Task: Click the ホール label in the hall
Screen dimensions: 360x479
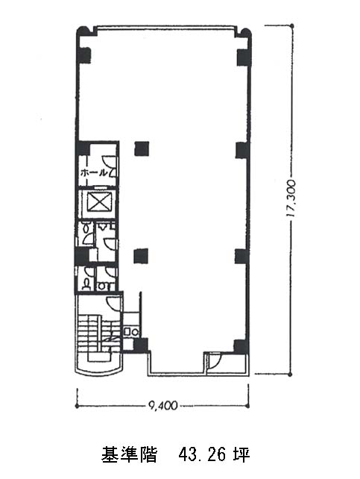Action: pyautogui.click(x=94, y=173)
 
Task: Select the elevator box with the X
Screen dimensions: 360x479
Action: pyautogui.click(x=98, y=202)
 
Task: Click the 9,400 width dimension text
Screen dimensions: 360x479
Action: pyautogui.click(x=162, y=405)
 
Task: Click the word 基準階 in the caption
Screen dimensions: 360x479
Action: pyautogui.click(x=129, y=455)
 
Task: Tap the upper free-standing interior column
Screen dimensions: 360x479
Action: pyautogui.click(x=142, y=148)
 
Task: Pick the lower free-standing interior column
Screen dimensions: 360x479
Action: pyautogui.click(x=142, y=256)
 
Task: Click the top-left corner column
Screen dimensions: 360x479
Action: pyautogui.click(x=85, y=56)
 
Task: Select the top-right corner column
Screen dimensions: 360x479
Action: pyautogui.click(x=243, y=57)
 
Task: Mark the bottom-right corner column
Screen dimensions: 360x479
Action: pyautogui.click(x=241, y=346)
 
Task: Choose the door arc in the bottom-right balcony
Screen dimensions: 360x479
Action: pyautogui.click(x=215, y=360)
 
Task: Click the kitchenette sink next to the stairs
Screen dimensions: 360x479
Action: pyautogui.click(x=131, y=331)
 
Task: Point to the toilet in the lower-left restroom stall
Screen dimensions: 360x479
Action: pyautogui.click(x=87, y=285)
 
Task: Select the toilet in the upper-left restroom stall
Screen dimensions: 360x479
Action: pyautogui.click(x=86, y=228)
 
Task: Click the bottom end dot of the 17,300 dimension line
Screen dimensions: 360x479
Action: pyautogui.click(x=290, y=374)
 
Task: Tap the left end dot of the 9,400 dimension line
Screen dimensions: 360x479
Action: pyautogui.click(x=77, y=406)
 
